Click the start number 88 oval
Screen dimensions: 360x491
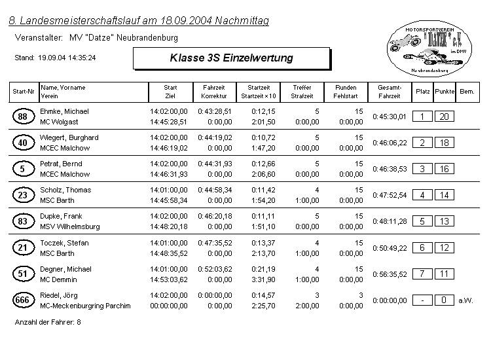click(x=23, y=117)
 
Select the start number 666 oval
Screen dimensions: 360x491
click(x=23, y=300)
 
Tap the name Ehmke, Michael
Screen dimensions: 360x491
click(x=64, y=111)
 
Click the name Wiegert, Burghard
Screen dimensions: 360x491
click(x=69, y=137)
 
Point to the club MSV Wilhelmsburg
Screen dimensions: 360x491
click(x=70, y=226)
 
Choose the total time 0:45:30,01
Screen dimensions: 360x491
click(x=390, y=117)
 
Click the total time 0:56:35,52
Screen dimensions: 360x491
click(x=390, y=274)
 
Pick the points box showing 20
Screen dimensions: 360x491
click(x=445, y=117)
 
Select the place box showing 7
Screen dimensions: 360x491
click(x=422, y=274)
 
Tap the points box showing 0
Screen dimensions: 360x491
click(x=445, y=300)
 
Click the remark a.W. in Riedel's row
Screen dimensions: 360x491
click(x=465, y=300)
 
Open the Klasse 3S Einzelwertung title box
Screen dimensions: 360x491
click(x=231, y=58)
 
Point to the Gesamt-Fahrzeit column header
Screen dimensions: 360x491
click(x=390, y=92)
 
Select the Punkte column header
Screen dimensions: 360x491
click(x=445, y=92)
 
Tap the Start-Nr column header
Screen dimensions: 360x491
click(x=23, y=92)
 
